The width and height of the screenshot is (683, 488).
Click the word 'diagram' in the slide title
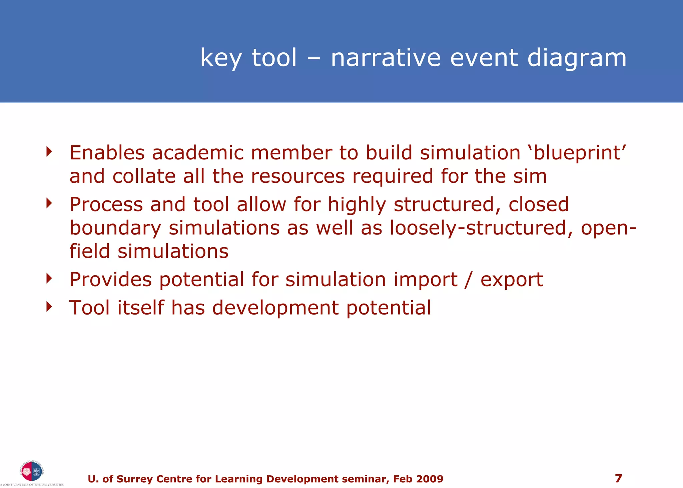(577, 58)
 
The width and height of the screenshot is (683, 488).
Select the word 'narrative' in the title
(386, 58)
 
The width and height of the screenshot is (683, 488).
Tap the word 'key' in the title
(220, 58)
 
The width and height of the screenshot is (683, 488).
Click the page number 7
(618, 478)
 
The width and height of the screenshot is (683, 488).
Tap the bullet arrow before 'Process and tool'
(49, 203)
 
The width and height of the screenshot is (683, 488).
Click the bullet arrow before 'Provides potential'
(49, 278)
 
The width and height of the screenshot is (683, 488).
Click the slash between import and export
(469, 280)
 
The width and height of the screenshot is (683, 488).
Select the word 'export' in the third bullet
(511, 280)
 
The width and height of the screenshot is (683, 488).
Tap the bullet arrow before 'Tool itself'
(49, 306)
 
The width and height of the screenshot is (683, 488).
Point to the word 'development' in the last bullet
(275, 308)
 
